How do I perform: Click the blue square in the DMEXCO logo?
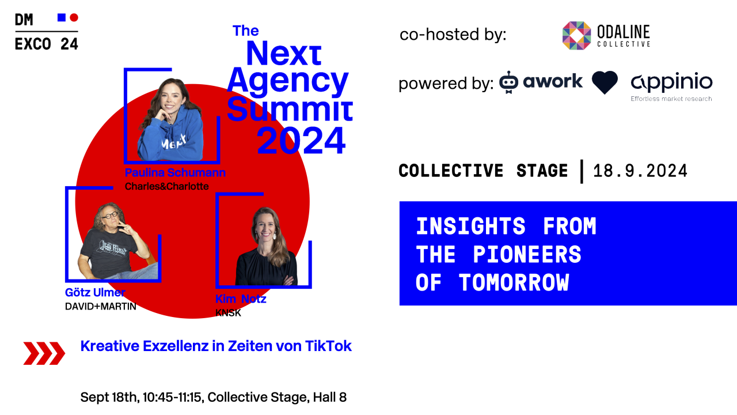[x=62, y=17]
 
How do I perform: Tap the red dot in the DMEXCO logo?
[x=74, y=17]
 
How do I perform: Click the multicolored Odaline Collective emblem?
[x=577, y=36]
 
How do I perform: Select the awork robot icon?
[x=508, y=82]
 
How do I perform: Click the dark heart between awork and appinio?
[x=605, y=82]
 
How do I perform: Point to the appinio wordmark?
[x=671, y=82]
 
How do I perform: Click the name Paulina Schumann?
[x=175, y=172]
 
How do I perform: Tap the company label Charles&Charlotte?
[x=167, y=186]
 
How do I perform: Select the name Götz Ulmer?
[x=95, y=292]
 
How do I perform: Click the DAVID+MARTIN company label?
[x=101, y=307]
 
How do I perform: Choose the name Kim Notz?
[x=241, y=299]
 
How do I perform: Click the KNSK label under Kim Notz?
[x=228, y=313]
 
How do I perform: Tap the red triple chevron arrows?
[x=44, y=353]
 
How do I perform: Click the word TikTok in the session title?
[x=328, y=346]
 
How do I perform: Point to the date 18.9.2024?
[x=640, y=171]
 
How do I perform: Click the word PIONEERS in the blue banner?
[x=527, y=254]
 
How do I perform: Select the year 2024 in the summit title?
[x=301, y=141]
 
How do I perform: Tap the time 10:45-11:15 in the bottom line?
[x=172, y=397]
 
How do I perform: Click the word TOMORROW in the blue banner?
[x=514, y=282]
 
